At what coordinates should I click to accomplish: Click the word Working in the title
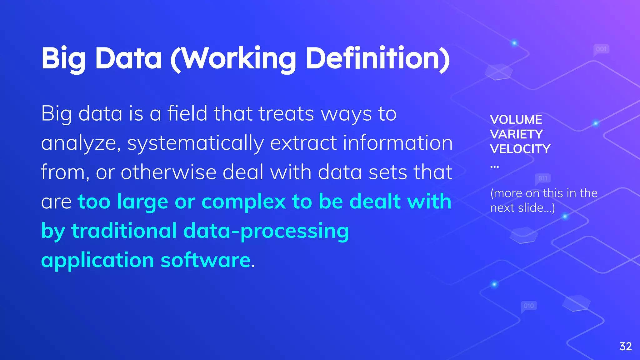pyautogui.click(x=238, y=59)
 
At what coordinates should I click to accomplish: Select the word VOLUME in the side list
pyautogui.click(x=516, y=120)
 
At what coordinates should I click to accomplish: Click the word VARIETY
pyautogui.click(x=516, y=134)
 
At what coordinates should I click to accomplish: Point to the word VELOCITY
pyautogui.click(x=520, y=149)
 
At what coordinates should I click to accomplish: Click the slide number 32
pyautogui.click(x=626, y=346)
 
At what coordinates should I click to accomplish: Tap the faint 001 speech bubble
pyautogui.click(x=601, y=49)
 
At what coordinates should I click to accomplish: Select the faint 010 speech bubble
pyautogui.click(x=529, y=306)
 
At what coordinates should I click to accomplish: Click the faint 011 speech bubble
pyautogui.click(x=543, y=178)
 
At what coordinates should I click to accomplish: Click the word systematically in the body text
pyautogui.click(x=196, y=143)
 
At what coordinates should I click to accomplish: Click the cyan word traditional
pyautogui.click(x=124, y=231)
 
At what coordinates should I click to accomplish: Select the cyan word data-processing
pyautogui.click(x=266, y=231)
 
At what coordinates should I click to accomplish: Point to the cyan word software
pyautogui.click(x=205, y=260)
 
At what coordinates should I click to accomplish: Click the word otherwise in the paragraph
pyautogui.click(x=168, y=172)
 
